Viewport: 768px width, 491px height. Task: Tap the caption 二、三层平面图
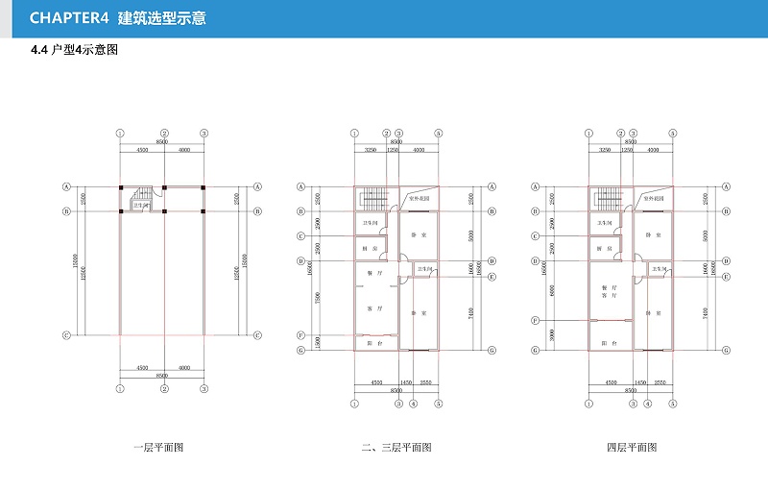[x=396, y=448]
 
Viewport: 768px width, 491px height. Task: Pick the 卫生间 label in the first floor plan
[x=140, y=205]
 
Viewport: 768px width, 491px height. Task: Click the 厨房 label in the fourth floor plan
[x=604, y=248]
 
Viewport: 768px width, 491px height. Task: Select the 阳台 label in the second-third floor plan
[x=370, y=343]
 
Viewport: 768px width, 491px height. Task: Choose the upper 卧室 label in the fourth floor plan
[x=651, y=234]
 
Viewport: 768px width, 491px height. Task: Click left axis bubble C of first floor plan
[x=67, y=335]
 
